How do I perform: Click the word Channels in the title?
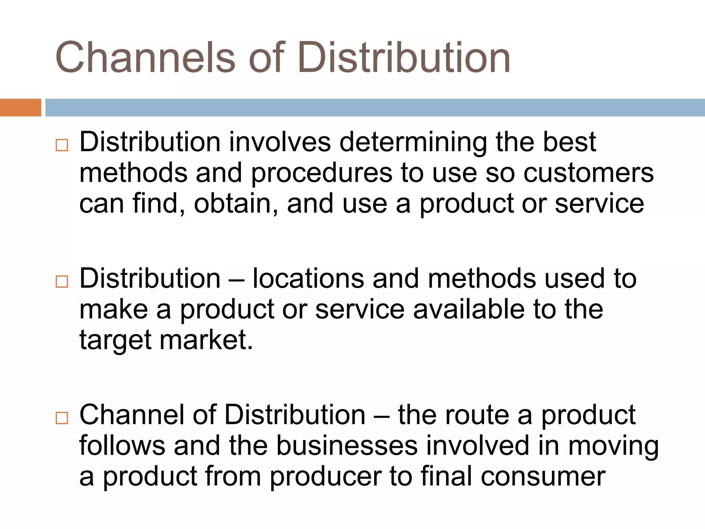coord(145,57)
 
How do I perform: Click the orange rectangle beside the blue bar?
coord(20,107)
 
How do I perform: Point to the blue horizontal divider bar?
coord(375,107)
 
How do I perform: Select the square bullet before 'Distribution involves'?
coord(62,145)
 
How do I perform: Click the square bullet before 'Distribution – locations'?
coord(62,282)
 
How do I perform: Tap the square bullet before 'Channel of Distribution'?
coord(62,418)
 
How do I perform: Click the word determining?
coord(413,142)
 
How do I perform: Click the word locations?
coord(308,278)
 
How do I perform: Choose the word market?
coord(206,340)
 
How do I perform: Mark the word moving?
coord(613,446)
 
